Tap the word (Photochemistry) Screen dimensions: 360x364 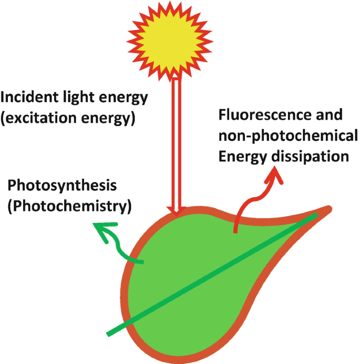point(68,206)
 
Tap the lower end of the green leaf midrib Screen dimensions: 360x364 point(110,332)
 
